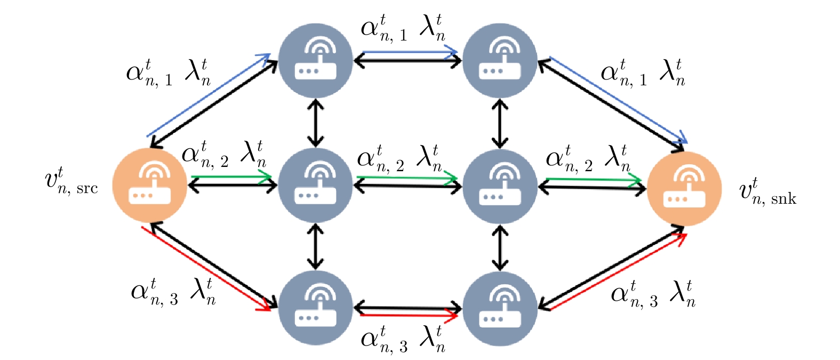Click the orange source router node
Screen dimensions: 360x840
point(150,185)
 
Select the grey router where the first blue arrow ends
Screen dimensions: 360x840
point(316,61)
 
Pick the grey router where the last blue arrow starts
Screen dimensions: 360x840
point(500,61)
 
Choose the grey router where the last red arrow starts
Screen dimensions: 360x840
point(500,308)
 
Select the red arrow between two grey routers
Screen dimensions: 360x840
point(409,316)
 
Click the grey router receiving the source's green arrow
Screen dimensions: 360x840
point(316,185)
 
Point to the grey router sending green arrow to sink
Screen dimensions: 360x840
point(500,186)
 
